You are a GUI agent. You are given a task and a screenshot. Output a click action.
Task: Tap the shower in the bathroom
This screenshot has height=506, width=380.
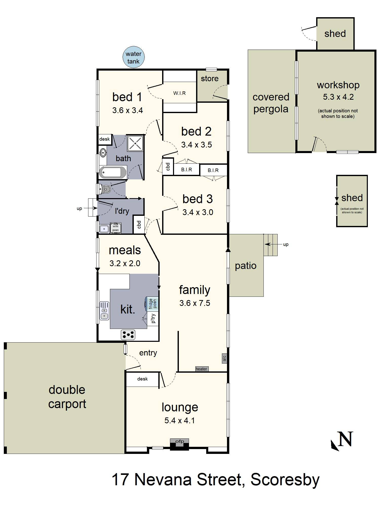tap(135, 143)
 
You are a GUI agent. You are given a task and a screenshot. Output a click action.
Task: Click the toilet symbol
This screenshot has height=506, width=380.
tap(105, 189)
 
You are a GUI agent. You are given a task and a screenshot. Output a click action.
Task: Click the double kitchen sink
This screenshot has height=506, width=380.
tap(104, 310)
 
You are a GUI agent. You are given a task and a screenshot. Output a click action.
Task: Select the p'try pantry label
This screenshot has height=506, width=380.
tap(153, 318)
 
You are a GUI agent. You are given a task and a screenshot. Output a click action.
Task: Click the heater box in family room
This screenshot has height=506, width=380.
tap(202, 369)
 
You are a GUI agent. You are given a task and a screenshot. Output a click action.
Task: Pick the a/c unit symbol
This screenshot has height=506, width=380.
tap(224, 358)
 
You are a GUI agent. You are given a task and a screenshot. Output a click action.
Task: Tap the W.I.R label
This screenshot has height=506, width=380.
tap(179, 93)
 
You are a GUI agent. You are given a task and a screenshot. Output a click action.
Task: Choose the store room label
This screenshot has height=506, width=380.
tap(210, 78)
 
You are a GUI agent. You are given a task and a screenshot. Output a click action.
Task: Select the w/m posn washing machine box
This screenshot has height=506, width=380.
tap(116, 228)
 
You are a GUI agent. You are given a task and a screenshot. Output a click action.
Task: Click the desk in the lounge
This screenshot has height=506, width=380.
tap(142, 379)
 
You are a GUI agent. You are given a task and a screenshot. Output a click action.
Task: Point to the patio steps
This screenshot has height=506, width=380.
tap(271, 245)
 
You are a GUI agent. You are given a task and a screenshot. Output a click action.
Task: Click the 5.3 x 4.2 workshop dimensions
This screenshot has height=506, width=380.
tap(338, 97)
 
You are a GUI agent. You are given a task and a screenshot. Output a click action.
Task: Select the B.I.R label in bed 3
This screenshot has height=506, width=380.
tap(213, 170)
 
